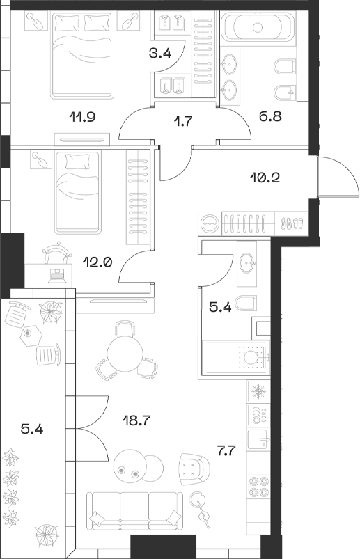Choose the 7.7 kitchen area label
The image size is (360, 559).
pos(227,451)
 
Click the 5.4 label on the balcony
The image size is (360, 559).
pos(33,430)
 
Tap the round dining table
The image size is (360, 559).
pos(125,358)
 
